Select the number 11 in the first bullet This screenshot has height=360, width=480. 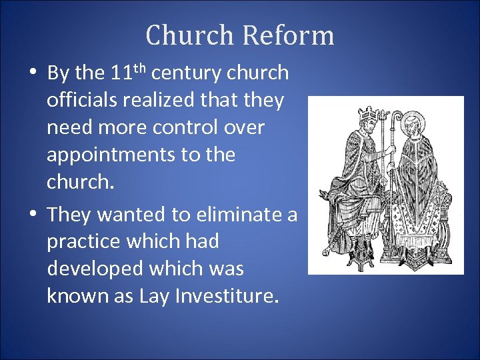(x=125, y=73)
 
